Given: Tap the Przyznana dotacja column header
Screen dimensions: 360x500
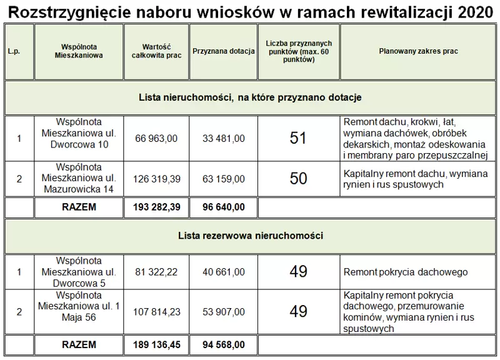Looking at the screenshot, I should (x=224, y=51).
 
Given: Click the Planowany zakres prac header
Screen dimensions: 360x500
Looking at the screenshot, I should (x=418, y=51).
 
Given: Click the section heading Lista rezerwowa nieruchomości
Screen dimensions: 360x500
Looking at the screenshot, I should (x=250, y=236).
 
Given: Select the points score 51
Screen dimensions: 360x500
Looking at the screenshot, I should (x=298, y=138).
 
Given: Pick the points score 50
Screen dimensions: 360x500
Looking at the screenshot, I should (x=298, y=178).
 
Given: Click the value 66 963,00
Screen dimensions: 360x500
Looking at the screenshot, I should (x=156, y=138).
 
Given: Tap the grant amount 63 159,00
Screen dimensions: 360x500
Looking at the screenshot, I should (x=224, y=179).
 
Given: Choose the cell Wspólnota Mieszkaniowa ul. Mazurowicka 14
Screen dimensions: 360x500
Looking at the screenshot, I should (x=79, y=179).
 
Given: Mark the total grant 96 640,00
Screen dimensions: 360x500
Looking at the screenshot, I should (x=224, y=207).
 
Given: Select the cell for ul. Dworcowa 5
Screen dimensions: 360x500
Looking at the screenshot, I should (x=79, y=272).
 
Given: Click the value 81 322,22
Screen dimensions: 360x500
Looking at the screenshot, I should (x=156, y=272).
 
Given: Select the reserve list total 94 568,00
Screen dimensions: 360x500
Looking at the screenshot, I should (x=224, y=344).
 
